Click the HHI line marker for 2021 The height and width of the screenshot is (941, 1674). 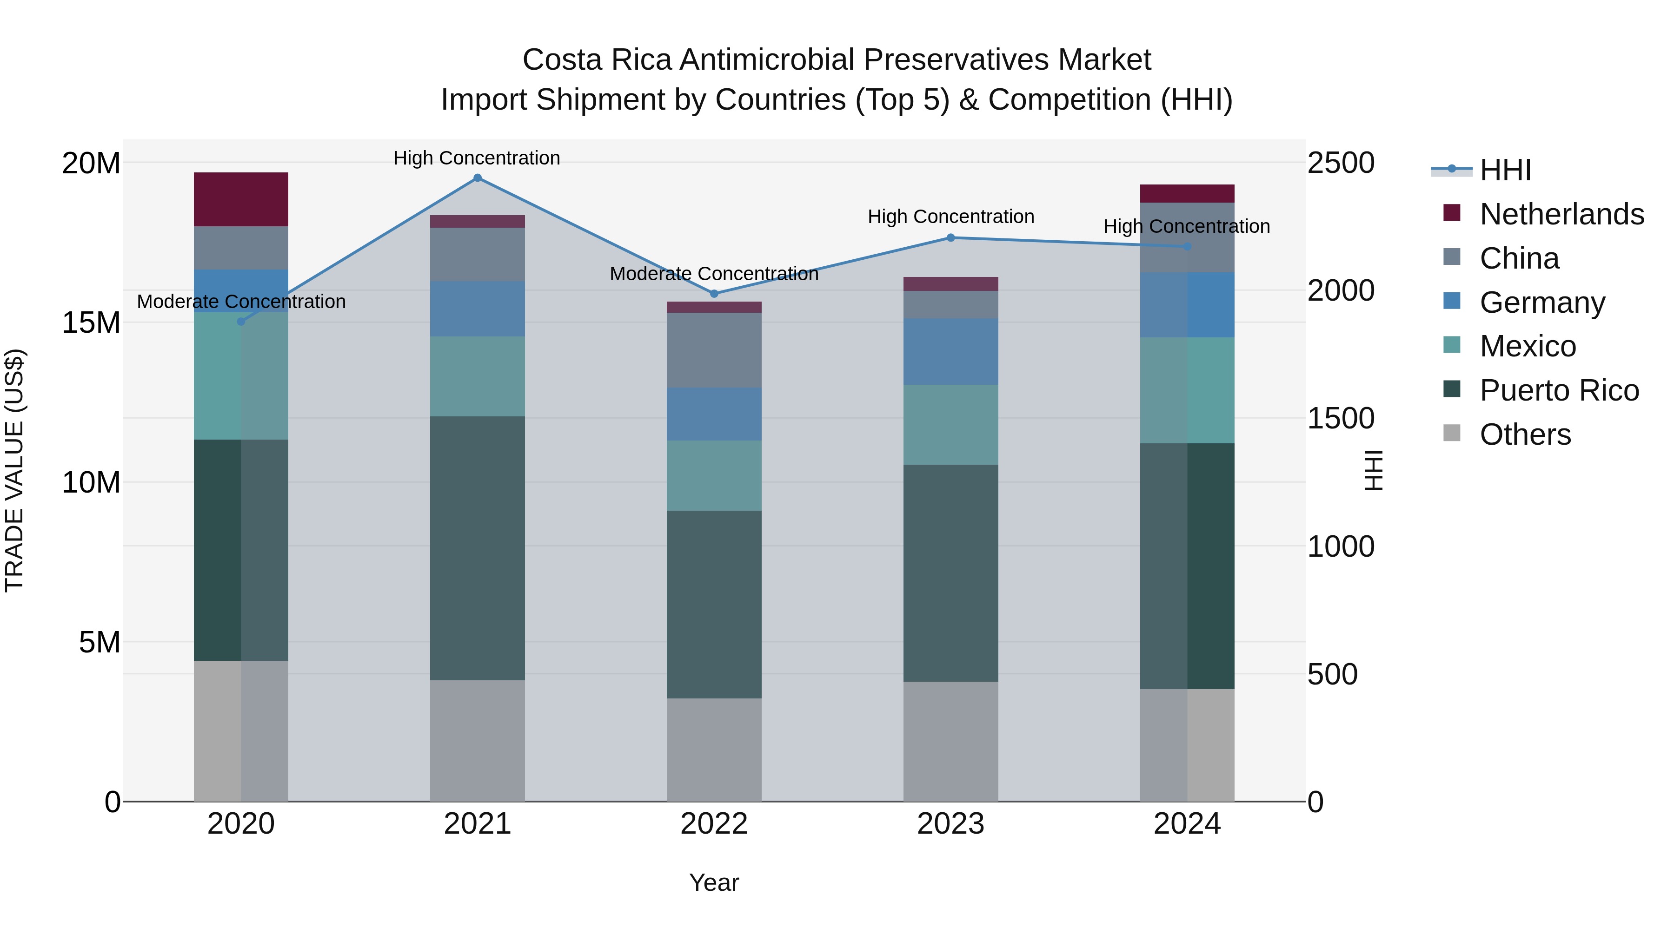[478, 178]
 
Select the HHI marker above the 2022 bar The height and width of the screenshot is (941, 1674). [714, 294]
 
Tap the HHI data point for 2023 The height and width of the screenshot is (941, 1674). [951, 237]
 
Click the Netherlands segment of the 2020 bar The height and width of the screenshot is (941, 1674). [241, 199]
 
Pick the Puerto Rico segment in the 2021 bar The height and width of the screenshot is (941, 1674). [478, 548]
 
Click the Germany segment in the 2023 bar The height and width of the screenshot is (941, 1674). [951, 351]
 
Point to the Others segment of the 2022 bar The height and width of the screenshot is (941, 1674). [714, 750]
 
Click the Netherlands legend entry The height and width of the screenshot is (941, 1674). [1561, 214]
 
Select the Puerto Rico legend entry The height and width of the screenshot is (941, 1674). [1559, 390]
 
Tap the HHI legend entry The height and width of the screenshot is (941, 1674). [1505, 170]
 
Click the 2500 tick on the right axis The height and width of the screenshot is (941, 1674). [1341, 163]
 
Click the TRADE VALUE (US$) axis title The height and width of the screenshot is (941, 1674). [14, 470]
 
